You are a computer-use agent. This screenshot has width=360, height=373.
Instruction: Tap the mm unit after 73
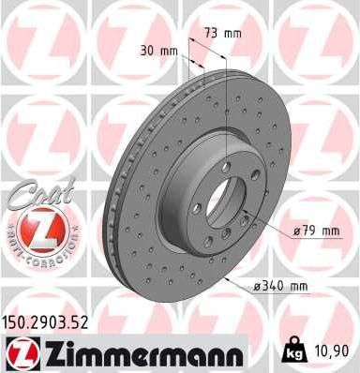(x=231, y=34)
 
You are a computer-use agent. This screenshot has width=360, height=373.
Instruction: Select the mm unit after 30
(x=169, y=51)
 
